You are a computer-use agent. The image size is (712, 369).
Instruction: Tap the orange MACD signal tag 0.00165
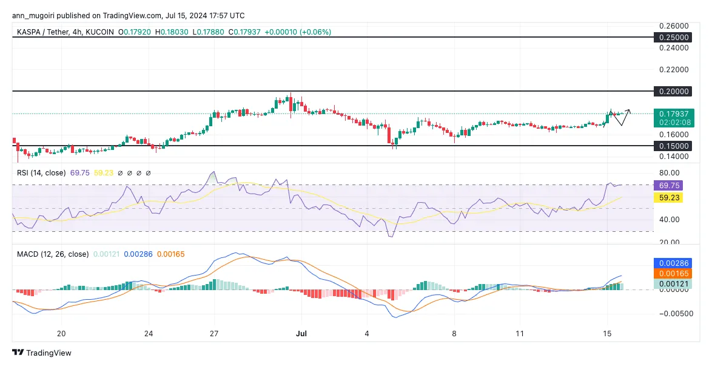pos(673,274)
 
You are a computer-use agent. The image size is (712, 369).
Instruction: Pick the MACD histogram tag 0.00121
pos(673,283)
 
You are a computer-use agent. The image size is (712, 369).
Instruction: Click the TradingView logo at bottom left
pos(42,353)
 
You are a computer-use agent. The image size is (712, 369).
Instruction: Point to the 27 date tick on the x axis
pos(214,333)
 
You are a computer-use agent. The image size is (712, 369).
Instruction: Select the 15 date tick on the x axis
pos(606,333)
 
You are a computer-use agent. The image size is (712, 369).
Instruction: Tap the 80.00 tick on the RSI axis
pos(670,172)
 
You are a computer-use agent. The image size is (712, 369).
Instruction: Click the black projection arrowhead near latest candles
pos(629,111)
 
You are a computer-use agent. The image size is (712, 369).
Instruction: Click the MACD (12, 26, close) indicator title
pos(52,254)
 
